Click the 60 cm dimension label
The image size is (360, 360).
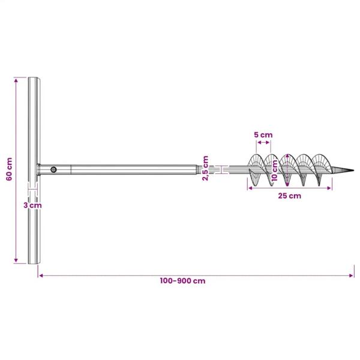point(9,170)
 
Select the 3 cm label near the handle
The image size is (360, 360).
point(33,205)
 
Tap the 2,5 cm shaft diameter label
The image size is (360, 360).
point(205,168)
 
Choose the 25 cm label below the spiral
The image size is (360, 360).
point(289,196)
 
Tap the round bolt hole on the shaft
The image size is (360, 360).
point(54,170)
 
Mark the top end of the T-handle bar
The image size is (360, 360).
point(34,79)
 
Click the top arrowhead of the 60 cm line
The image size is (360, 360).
point(16,79)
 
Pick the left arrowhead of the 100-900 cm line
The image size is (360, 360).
point(40,275)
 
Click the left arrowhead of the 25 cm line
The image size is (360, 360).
point(250,188)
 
